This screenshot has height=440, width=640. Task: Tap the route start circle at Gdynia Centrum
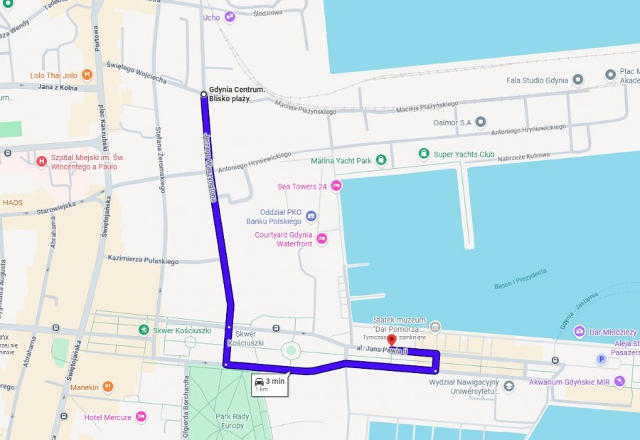pyautogui.click(x=203, y=94)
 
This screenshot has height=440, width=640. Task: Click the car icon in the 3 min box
pyautogui.click(x=260, y=381)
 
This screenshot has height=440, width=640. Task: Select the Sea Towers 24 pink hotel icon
pyautogui.click(x=336, y=186)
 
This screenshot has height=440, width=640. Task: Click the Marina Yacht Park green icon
pyautogui.click(x=381, y=160)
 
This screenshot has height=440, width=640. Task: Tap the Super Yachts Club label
pyautogui.click(x=464, y=154)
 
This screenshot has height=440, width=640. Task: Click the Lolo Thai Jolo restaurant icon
pyautogui.click(x=87, y=74)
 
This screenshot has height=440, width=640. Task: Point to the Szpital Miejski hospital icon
pyautogui.click(x=41, y=162)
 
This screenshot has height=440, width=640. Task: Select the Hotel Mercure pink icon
pyautogui.click(x=141, y=417)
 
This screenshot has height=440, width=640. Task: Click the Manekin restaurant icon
pyautogui.click(x=107, y=387)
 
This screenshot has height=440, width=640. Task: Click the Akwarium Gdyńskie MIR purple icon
pyautogui.click(x=619, y=382)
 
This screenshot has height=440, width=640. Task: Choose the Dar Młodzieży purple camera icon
pyautogui.click(x=580, y=332)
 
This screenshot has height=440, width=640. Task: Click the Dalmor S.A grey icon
pyautogui.click(x=481, y=122)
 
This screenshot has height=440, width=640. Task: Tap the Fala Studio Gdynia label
pyautogui.click(x=537, y=80)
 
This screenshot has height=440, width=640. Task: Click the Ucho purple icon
pyautogui.click(x=229, y=17)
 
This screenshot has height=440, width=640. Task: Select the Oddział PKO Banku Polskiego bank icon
pyautogui.click(x=311, y=216)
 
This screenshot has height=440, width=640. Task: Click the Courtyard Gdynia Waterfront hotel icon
pyautogui.click(x=321, y=239)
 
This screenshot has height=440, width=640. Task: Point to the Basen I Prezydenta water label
pyautogui.click(x=521, y=278)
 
